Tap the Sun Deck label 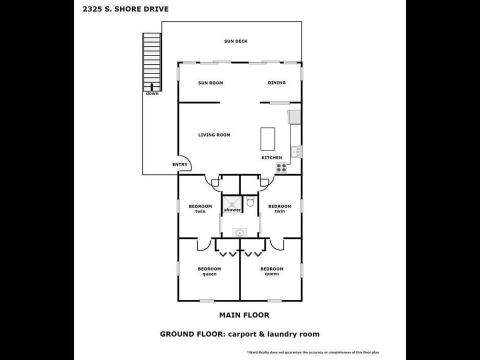235,41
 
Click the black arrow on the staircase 151,86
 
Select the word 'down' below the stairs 152,93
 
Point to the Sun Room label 210,83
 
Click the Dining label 276,83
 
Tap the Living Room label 214,135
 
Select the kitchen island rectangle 267,139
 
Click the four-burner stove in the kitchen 281,168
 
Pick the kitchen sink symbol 295,151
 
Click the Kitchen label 271,158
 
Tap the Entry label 180,165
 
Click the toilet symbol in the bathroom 251,201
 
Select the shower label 232,210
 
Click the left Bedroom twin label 200,208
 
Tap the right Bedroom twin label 279,208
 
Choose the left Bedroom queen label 209,271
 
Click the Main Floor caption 244,315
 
